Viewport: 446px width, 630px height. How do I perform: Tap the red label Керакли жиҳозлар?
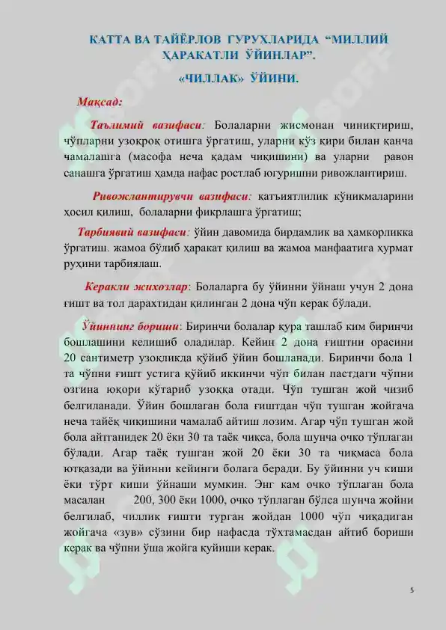coord(138,287)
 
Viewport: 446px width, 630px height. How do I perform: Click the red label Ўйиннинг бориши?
coord(132,327)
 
